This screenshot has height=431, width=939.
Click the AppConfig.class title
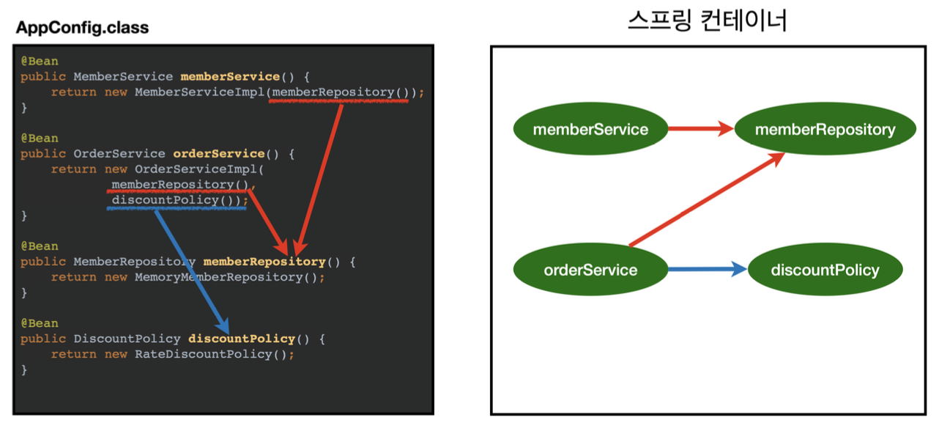point(82,28)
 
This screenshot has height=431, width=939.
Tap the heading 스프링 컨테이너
point(707,20)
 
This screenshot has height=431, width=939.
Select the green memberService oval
point(590,130)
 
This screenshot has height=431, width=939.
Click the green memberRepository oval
point(825,130)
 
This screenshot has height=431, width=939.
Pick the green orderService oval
point(590,270)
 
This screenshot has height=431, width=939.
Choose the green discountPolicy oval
point(825,270)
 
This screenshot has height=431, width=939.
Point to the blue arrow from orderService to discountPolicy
point(706,270)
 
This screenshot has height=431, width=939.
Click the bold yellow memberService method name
point(230,76)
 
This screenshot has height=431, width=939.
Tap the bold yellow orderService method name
point(218,154)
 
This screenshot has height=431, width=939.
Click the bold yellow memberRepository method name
point(264,262)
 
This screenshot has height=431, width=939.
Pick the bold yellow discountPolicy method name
point(242,339)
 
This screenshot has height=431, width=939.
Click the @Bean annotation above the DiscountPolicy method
point(40,323)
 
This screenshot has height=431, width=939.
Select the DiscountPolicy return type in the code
point(127,339)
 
